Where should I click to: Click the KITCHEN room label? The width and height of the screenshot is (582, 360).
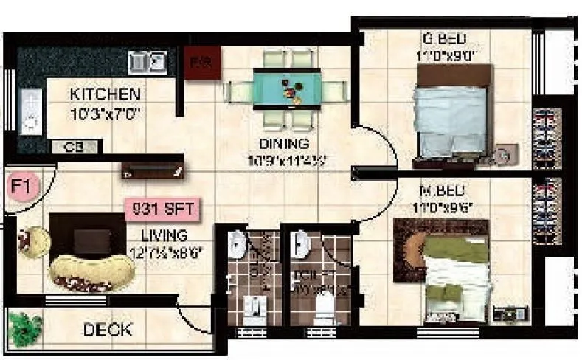(104, 94)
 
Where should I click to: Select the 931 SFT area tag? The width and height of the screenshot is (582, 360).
(162, 210)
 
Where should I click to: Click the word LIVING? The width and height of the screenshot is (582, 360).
(164, 235)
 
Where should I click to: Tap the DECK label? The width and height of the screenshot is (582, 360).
(108, 329)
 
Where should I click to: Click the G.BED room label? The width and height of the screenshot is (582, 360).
(443, 39)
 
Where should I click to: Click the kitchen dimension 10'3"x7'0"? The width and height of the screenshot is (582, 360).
(105, 114)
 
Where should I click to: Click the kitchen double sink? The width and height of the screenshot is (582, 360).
(147, 62)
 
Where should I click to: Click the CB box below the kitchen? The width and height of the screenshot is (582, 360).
(75, 147)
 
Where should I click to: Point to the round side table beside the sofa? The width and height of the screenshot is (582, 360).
(33, 239)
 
